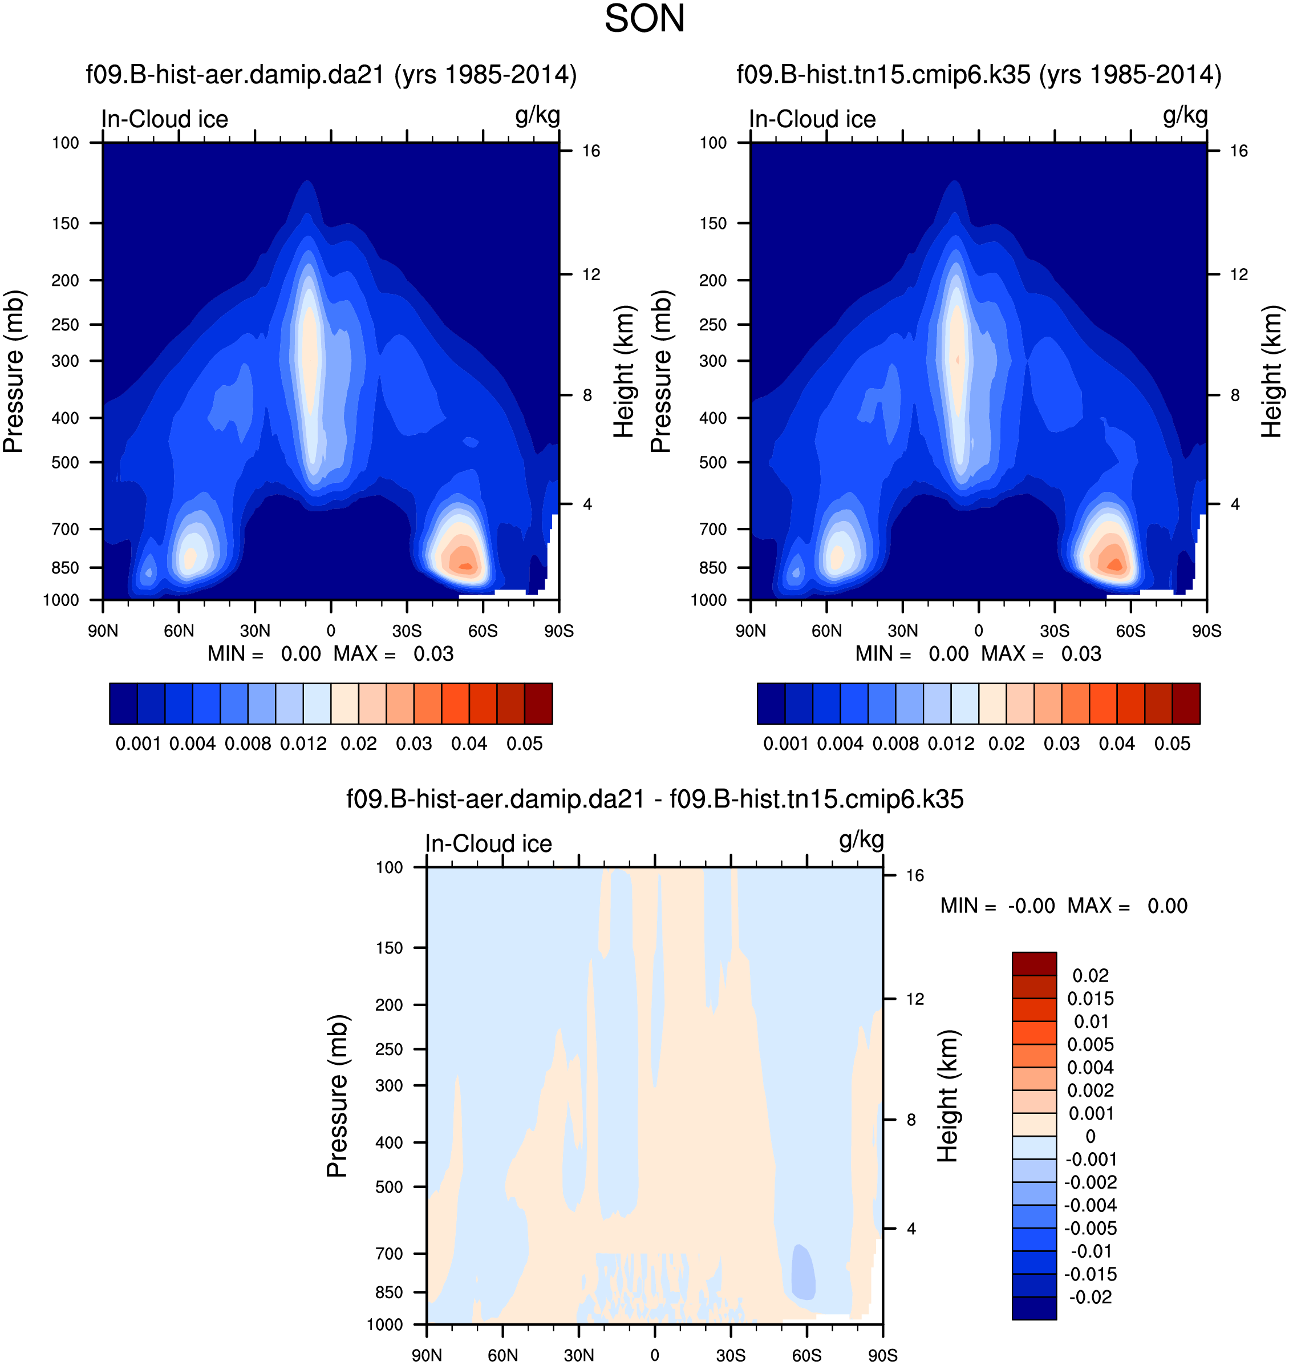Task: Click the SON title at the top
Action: coord(644,19)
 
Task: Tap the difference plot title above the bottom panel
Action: coord(654,799)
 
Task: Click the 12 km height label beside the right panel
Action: coord(1238,275)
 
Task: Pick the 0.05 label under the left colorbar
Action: coord(524,744)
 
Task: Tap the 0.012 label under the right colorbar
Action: coord(951,744)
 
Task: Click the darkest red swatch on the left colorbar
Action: coord(538,703)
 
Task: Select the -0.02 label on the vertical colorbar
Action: coord(1090,1297)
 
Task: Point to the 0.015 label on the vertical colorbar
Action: coord(1090,998)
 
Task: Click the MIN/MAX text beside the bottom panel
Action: coord(1064,906)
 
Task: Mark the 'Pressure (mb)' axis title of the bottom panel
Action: coord(338,1096)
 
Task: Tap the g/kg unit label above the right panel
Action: coord(1185,115)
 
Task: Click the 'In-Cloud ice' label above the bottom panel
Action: coord(489,843)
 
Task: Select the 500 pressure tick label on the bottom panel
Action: coord(389,1187)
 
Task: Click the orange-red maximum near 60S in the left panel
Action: coord(465,566)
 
